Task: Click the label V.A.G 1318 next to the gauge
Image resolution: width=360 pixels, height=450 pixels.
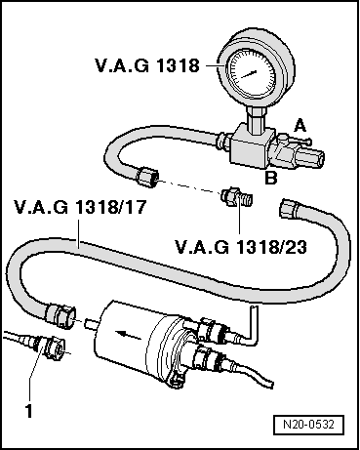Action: pos(147,65)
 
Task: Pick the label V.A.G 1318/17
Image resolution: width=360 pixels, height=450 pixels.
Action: pos(65,207)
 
